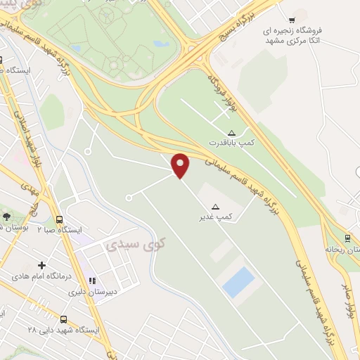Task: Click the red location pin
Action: pos(181,165)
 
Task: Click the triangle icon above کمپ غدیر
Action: pos(216,207)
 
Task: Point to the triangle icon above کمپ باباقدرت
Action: pos(232,132)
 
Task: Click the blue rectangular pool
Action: pos(238,282)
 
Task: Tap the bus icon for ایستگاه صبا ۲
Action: pos(60,219)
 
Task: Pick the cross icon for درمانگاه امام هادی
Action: pos(42,266)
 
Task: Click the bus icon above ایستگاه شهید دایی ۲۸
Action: pos(63,319)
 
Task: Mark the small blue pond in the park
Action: pos(160,44)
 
